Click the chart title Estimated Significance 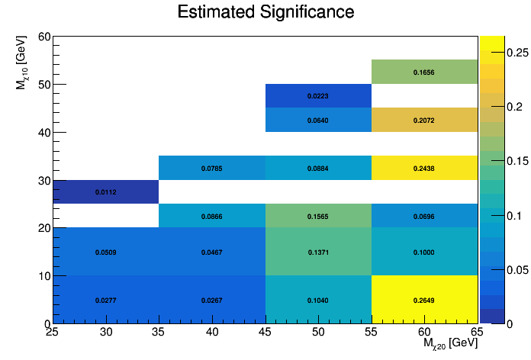(x=265, y=13)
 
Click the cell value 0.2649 (x=424, y=301)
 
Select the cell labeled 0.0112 (x=105, y=192)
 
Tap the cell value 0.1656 (x=424, y=72)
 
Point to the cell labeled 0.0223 (x=318, y=96)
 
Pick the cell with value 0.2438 (x=424, y=168)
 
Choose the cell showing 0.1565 (x=318, y=217)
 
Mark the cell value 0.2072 (x=424, y=121)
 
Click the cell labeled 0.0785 (x=211, y=168)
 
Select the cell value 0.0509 (x=105, y=252)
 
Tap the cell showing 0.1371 (x=318, y=252)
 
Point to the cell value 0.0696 (x=424, y=217)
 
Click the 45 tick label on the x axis (x=265, y=333)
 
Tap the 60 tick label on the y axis (x=44, y=37)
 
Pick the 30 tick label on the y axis (x=44, y=180)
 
